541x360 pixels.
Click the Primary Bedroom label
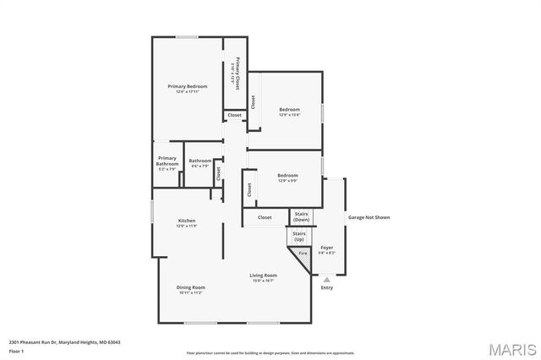point(187,86)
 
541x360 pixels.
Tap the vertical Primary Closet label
point(238,74)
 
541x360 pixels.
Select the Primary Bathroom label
point(167,161)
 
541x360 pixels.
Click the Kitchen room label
point(187,221)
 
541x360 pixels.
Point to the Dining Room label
point(191,287)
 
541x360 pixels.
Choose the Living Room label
point(263,275)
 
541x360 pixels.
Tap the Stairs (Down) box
point(302,217)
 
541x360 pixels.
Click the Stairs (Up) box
point(299,236)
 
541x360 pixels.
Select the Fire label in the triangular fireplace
point(302,253)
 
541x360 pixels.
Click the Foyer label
point(326,248)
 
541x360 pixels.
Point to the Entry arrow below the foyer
point(326,277)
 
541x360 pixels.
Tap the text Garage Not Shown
point(369,217)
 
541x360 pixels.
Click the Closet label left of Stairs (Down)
point(265,217)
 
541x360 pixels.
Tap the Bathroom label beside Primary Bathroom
point(200,161)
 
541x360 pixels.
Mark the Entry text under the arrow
point(326,288)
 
